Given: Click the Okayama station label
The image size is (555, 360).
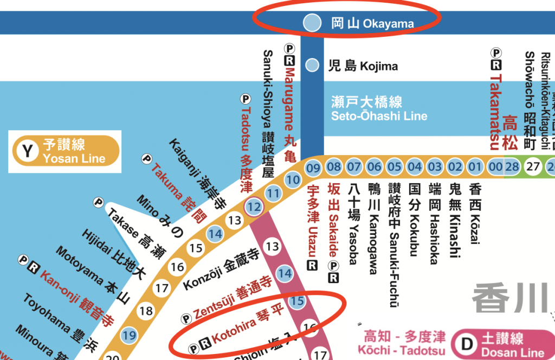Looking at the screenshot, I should [x=372, y=23].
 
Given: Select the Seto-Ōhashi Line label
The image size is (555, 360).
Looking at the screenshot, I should [x=379, y=109].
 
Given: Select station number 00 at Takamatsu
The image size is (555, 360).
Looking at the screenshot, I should [x=495, y=166].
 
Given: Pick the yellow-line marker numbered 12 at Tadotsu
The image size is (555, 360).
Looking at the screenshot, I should [x=254, y=206].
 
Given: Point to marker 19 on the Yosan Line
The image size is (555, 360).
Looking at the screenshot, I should [x=128, y=335].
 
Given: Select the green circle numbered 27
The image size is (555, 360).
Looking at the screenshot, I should [x=533, y=166].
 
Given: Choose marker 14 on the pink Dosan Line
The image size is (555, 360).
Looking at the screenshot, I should [x=285, y=274].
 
